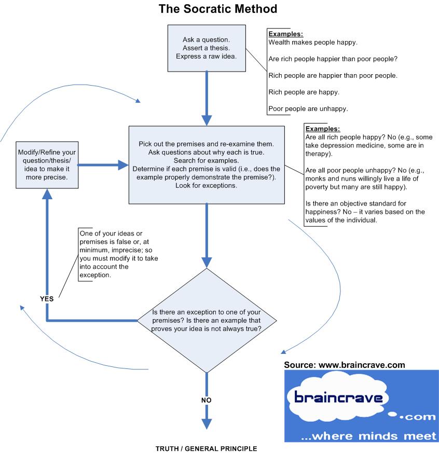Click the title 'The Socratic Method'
217,9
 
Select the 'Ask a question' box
207,48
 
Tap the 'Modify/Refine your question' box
47,165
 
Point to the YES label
47,298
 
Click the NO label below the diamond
207,400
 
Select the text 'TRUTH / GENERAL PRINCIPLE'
206,448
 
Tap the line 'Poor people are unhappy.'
308,109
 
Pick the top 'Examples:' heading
285,34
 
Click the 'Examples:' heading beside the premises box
323,129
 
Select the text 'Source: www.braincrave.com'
345,365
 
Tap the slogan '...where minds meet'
369,436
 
